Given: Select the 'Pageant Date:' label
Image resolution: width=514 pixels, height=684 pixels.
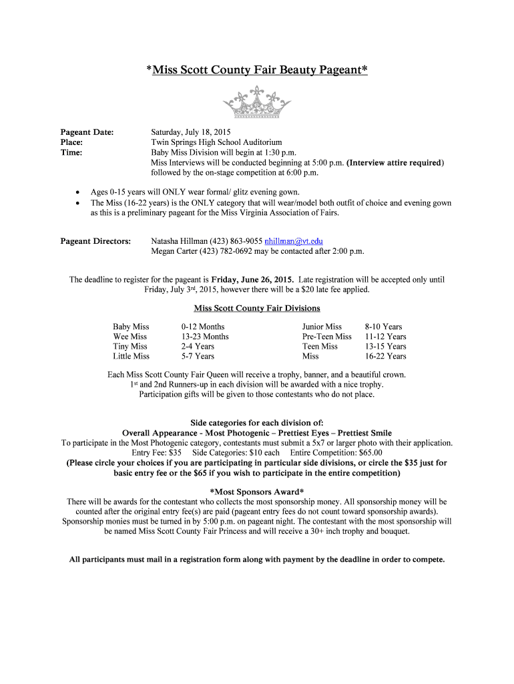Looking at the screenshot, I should [87, 132].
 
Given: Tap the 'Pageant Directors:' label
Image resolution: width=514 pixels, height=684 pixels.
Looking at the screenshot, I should [95, 241].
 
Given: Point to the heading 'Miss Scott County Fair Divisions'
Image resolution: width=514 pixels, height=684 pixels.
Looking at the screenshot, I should [257, 308].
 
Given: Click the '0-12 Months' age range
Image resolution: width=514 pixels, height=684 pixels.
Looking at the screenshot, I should [203, 327].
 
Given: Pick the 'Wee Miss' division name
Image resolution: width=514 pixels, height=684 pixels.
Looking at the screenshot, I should [130, 337].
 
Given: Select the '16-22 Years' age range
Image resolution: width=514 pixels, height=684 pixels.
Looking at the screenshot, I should [385, 356].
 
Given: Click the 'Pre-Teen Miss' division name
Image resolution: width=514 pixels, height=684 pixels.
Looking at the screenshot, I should [327, 337].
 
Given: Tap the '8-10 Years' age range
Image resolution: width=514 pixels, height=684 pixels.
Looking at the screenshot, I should [383, 327].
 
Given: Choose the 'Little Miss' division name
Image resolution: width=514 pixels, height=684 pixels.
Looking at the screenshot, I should [132, 356].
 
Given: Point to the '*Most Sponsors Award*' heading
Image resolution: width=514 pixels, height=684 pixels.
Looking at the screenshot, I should [257, 492].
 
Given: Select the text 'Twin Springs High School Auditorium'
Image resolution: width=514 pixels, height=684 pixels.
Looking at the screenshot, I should [216, 142].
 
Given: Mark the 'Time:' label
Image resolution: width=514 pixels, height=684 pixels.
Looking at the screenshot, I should [71, 152].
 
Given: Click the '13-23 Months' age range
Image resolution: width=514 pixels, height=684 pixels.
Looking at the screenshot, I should [205, 337].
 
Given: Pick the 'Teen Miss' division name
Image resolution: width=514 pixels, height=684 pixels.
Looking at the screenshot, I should [320, 346].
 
